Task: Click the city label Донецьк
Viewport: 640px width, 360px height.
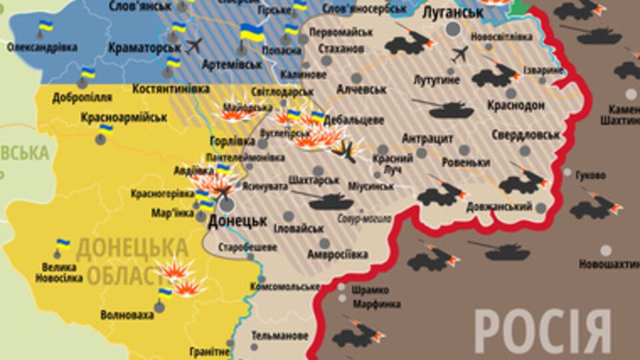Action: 237,221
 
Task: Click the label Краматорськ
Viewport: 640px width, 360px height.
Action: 144,47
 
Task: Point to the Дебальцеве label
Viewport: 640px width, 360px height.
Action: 353,120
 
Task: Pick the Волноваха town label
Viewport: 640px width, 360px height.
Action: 127,315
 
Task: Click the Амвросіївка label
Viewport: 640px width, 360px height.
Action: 337,254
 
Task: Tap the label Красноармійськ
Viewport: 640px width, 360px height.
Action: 123,117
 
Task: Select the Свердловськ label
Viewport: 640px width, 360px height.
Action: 526,135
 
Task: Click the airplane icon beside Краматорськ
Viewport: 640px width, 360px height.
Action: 194,46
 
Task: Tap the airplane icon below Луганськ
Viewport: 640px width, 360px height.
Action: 459,54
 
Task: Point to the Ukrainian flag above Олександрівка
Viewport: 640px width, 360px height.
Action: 45,27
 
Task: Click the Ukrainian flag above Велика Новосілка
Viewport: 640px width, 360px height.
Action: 63,245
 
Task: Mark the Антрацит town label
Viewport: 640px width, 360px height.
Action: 427,139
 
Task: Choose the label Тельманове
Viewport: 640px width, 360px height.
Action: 280,335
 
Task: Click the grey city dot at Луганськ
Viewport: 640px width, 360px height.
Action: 453,29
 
